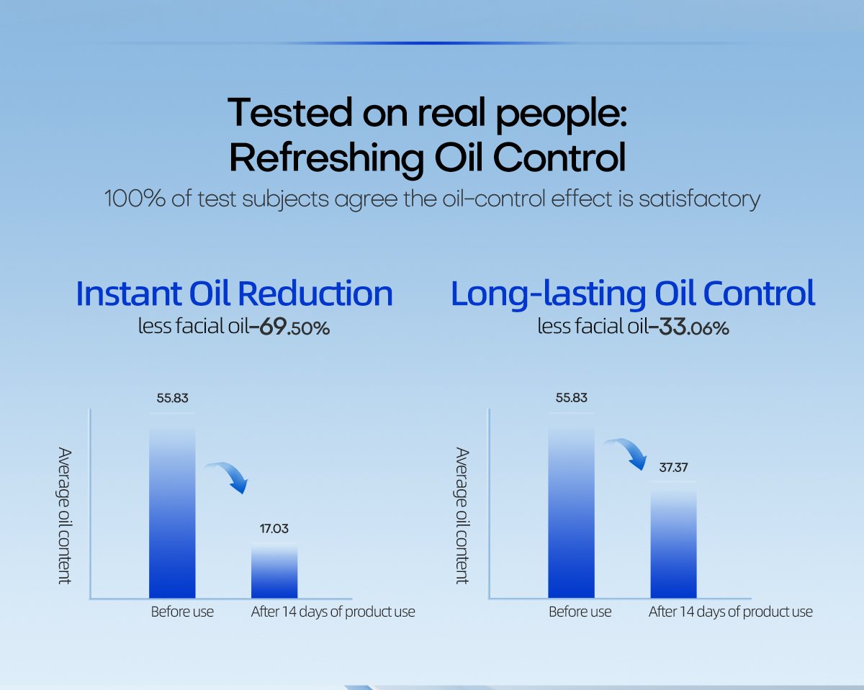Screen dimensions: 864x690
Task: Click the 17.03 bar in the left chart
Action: pyautogui.click(x=274, y=570)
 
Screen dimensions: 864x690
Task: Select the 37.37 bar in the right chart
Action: pyautogui.click(x=673, y=539)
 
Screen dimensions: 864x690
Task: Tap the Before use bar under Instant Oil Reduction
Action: pyautogui.click(x=172, y=506)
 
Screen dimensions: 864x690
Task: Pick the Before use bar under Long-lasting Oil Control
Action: pyautogui.click(x=571, y=506)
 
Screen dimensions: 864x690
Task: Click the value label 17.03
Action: pyautogui.click(x=274, y=528)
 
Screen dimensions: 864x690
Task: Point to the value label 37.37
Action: pyautogui.click(x=673, y=468)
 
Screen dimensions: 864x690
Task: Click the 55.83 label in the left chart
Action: pyautogui.click(x=172, y=398)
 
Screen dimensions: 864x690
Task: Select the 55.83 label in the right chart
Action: pyautogui.click(x=571, y=398)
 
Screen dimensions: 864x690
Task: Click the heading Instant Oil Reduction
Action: pyautogui.click(x=234, y=294)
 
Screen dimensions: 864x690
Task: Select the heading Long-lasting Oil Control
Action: pyautogui.click(x=633, y=294)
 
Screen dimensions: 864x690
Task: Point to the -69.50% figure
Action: pyautogui.click(x=289, y=327)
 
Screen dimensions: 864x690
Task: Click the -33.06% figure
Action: pyautogui.click(x=688, y=327)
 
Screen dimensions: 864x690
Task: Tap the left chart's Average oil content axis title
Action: pyautogui.click(x=64, y=516)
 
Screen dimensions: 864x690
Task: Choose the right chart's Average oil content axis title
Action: pyautogui.click(x=462, y=516)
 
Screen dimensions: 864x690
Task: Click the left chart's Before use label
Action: pyautogui.click(x=182, y=612)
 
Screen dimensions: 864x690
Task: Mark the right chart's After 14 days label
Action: pyautogui.click(x=730, y=612)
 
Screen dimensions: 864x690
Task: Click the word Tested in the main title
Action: pyautogui.click(x=289, y=113)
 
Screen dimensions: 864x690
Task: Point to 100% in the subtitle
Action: pyautogui.click(x=135, y=198)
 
